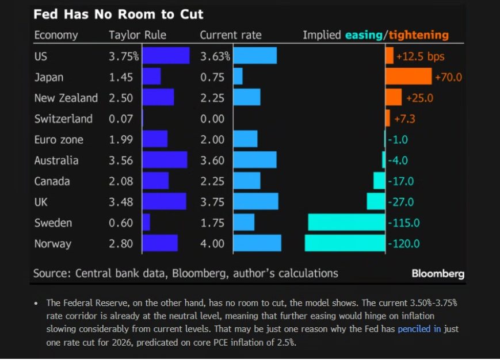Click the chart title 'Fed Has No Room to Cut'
click(x=118, y=14)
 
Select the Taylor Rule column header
click(x=138, y=35)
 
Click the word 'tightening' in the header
click(x=418, y=35)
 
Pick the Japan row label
click(x=49, y=77)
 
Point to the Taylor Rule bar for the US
click(x=166, y=56)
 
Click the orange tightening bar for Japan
click(x=409, y=76)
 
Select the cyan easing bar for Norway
click(x=345, y=243)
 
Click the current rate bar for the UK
click(x=256, y=201)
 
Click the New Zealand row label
click(x=66, y=98)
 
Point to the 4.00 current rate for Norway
click(x=212, y=243)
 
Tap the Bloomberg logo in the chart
click(x=438, y=274)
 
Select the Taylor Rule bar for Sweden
click(x=146, y=223)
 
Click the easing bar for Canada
click(x=379, y=181)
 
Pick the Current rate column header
click(x=230, y=35)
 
